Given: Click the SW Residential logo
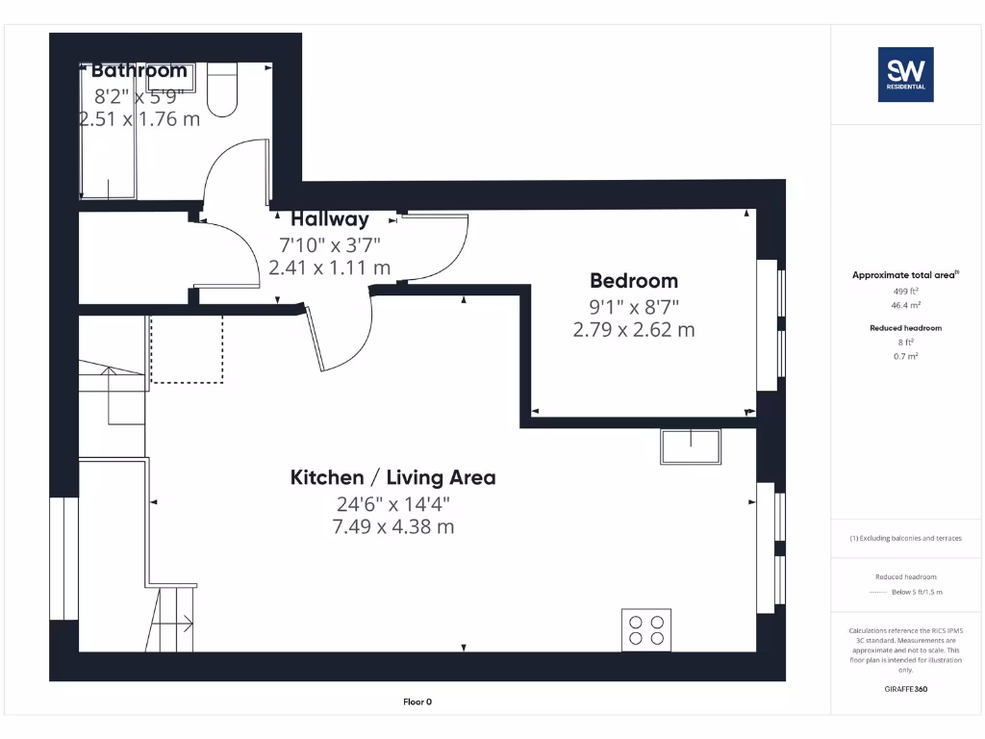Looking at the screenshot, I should tap(905, 75).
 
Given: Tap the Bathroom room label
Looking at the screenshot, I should tap(139, 70).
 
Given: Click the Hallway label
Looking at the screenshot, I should tap(330, 218).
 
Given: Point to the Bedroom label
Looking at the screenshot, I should tap(633, 281).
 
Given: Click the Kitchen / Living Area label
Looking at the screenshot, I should tap(393, 477).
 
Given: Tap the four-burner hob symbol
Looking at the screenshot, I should tap(646, 629).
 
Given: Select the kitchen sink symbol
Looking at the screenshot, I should tap(691, 446).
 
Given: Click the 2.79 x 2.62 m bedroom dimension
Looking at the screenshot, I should tap(633, 330).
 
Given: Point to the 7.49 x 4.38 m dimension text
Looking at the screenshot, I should tap(393, 526).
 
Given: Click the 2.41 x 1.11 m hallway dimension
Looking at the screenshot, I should tap(330, 268).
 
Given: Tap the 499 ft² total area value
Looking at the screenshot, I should tap(904, 291).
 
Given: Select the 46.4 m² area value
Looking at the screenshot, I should tap(904, 303).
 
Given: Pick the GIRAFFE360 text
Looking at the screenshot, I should tap(904, 689).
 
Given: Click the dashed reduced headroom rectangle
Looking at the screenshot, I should tap(187, 347).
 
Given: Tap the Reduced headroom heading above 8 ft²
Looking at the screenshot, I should tap(904, 328).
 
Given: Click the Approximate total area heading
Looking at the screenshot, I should tap(904, 275).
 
